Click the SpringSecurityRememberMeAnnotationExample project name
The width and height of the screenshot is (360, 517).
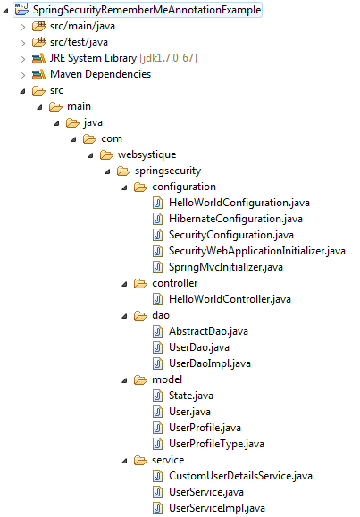(147, 10)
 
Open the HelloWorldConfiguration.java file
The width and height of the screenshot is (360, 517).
(239, 203)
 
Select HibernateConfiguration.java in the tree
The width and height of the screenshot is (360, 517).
(236, 219)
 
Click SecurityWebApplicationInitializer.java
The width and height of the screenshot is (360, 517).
(257, 251)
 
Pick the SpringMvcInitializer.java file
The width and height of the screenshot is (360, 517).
(226, 267)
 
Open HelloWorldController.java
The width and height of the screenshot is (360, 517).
(230, 299)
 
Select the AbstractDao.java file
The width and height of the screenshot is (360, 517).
(208, 331)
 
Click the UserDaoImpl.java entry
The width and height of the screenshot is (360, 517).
(210, 363)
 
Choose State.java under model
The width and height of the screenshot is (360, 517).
(191, 396)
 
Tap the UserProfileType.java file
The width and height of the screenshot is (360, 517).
(216, 444)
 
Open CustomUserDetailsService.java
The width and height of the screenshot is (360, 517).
(240, 476)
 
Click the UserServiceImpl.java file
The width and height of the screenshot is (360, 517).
(217, 508)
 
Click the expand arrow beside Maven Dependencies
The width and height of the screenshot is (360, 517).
(22, 75)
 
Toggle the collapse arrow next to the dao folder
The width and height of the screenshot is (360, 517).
(124, 316)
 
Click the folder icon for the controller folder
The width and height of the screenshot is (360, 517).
(140, 284)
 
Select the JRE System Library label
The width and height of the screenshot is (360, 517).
(94, 58)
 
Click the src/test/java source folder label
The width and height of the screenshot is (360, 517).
(79, 42)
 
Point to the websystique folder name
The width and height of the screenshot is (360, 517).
(147, 154)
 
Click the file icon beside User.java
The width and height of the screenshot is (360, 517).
(158, 412)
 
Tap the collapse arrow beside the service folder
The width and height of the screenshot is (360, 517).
(124, 462)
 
